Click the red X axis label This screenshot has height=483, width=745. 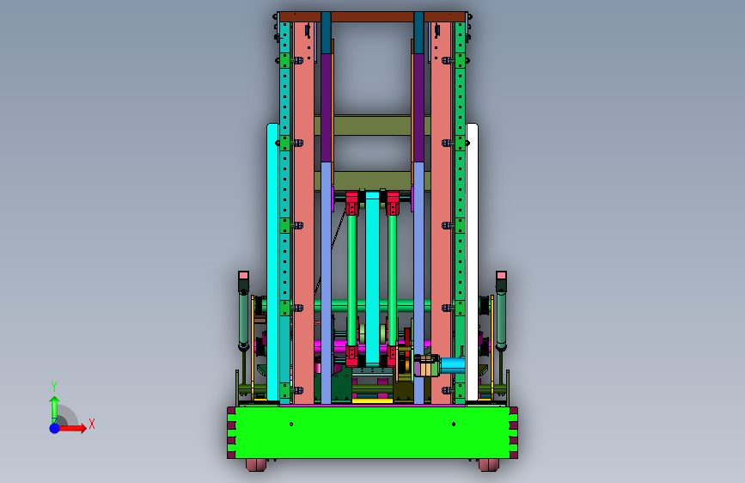click(x=92, y=424)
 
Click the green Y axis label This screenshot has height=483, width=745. click(x=54, y=387)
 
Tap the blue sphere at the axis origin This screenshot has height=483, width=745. click(x=55, y=428)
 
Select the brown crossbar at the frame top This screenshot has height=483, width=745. click(x=372, y=17)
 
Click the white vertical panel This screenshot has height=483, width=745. click(x=472, y=262)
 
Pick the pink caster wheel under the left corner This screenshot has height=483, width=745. click(x=257, y=465)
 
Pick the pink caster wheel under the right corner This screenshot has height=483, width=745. click(x=489, y=465)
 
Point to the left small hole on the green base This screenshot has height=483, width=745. click(x=291, y=424)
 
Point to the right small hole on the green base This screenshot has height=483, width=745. click(x=454, y=424)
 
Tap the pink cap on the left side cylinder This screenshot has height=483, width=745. click(x=243, y=275)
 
